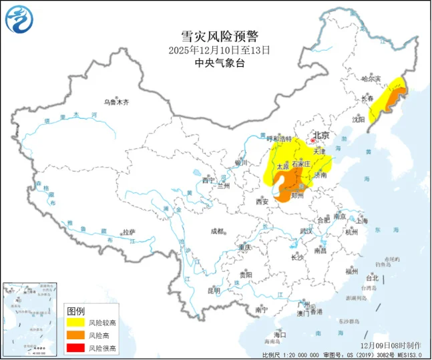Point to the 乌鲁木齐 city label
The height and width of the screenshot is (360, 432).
coord(116,102)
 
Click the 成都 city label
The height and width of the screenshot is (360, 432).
coord(218,231)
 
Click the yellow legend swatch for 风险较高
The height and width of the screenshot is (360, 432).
coord(76,323)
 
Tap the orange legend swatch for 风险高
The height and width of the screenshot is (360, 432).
coord(76,335)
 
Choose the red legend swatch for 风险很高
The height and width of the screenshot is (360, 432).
coord(76,348)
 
